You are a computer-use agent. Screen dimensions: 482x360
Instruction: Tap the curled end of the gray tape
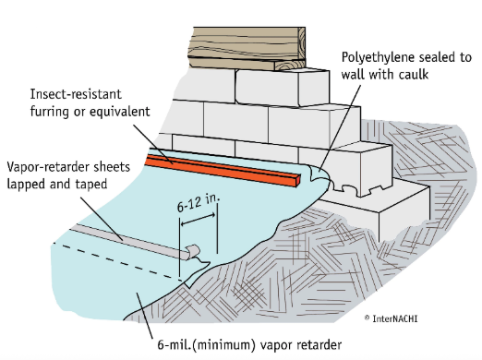tap(192, 251)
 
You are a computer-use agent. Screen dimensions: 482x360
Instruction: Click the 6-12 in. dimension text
tap(199, 203)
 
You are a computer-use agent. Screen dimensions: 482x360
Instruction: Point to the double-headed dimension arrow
tap(198, 220)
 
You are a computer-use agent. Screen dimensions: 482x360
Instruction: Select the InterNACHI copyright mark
tap(391, 318)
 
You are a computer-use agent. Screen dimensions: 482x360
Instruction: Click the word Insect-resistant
tap(76, 94)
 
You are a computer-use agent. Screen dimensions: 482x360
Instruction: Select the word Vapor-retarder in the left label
tap(45, 167)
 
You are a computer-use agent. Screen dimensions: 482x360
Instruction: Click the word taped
tap(91, 185)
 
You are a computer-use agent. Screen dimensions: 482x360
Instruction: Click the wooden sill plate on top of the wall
tap(247, 48)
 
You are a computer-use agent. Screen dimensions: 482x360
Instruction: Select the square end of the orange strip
tap(297, 181)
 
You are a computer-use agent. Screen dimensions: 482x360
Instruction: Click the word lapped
tap(26, 185)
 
